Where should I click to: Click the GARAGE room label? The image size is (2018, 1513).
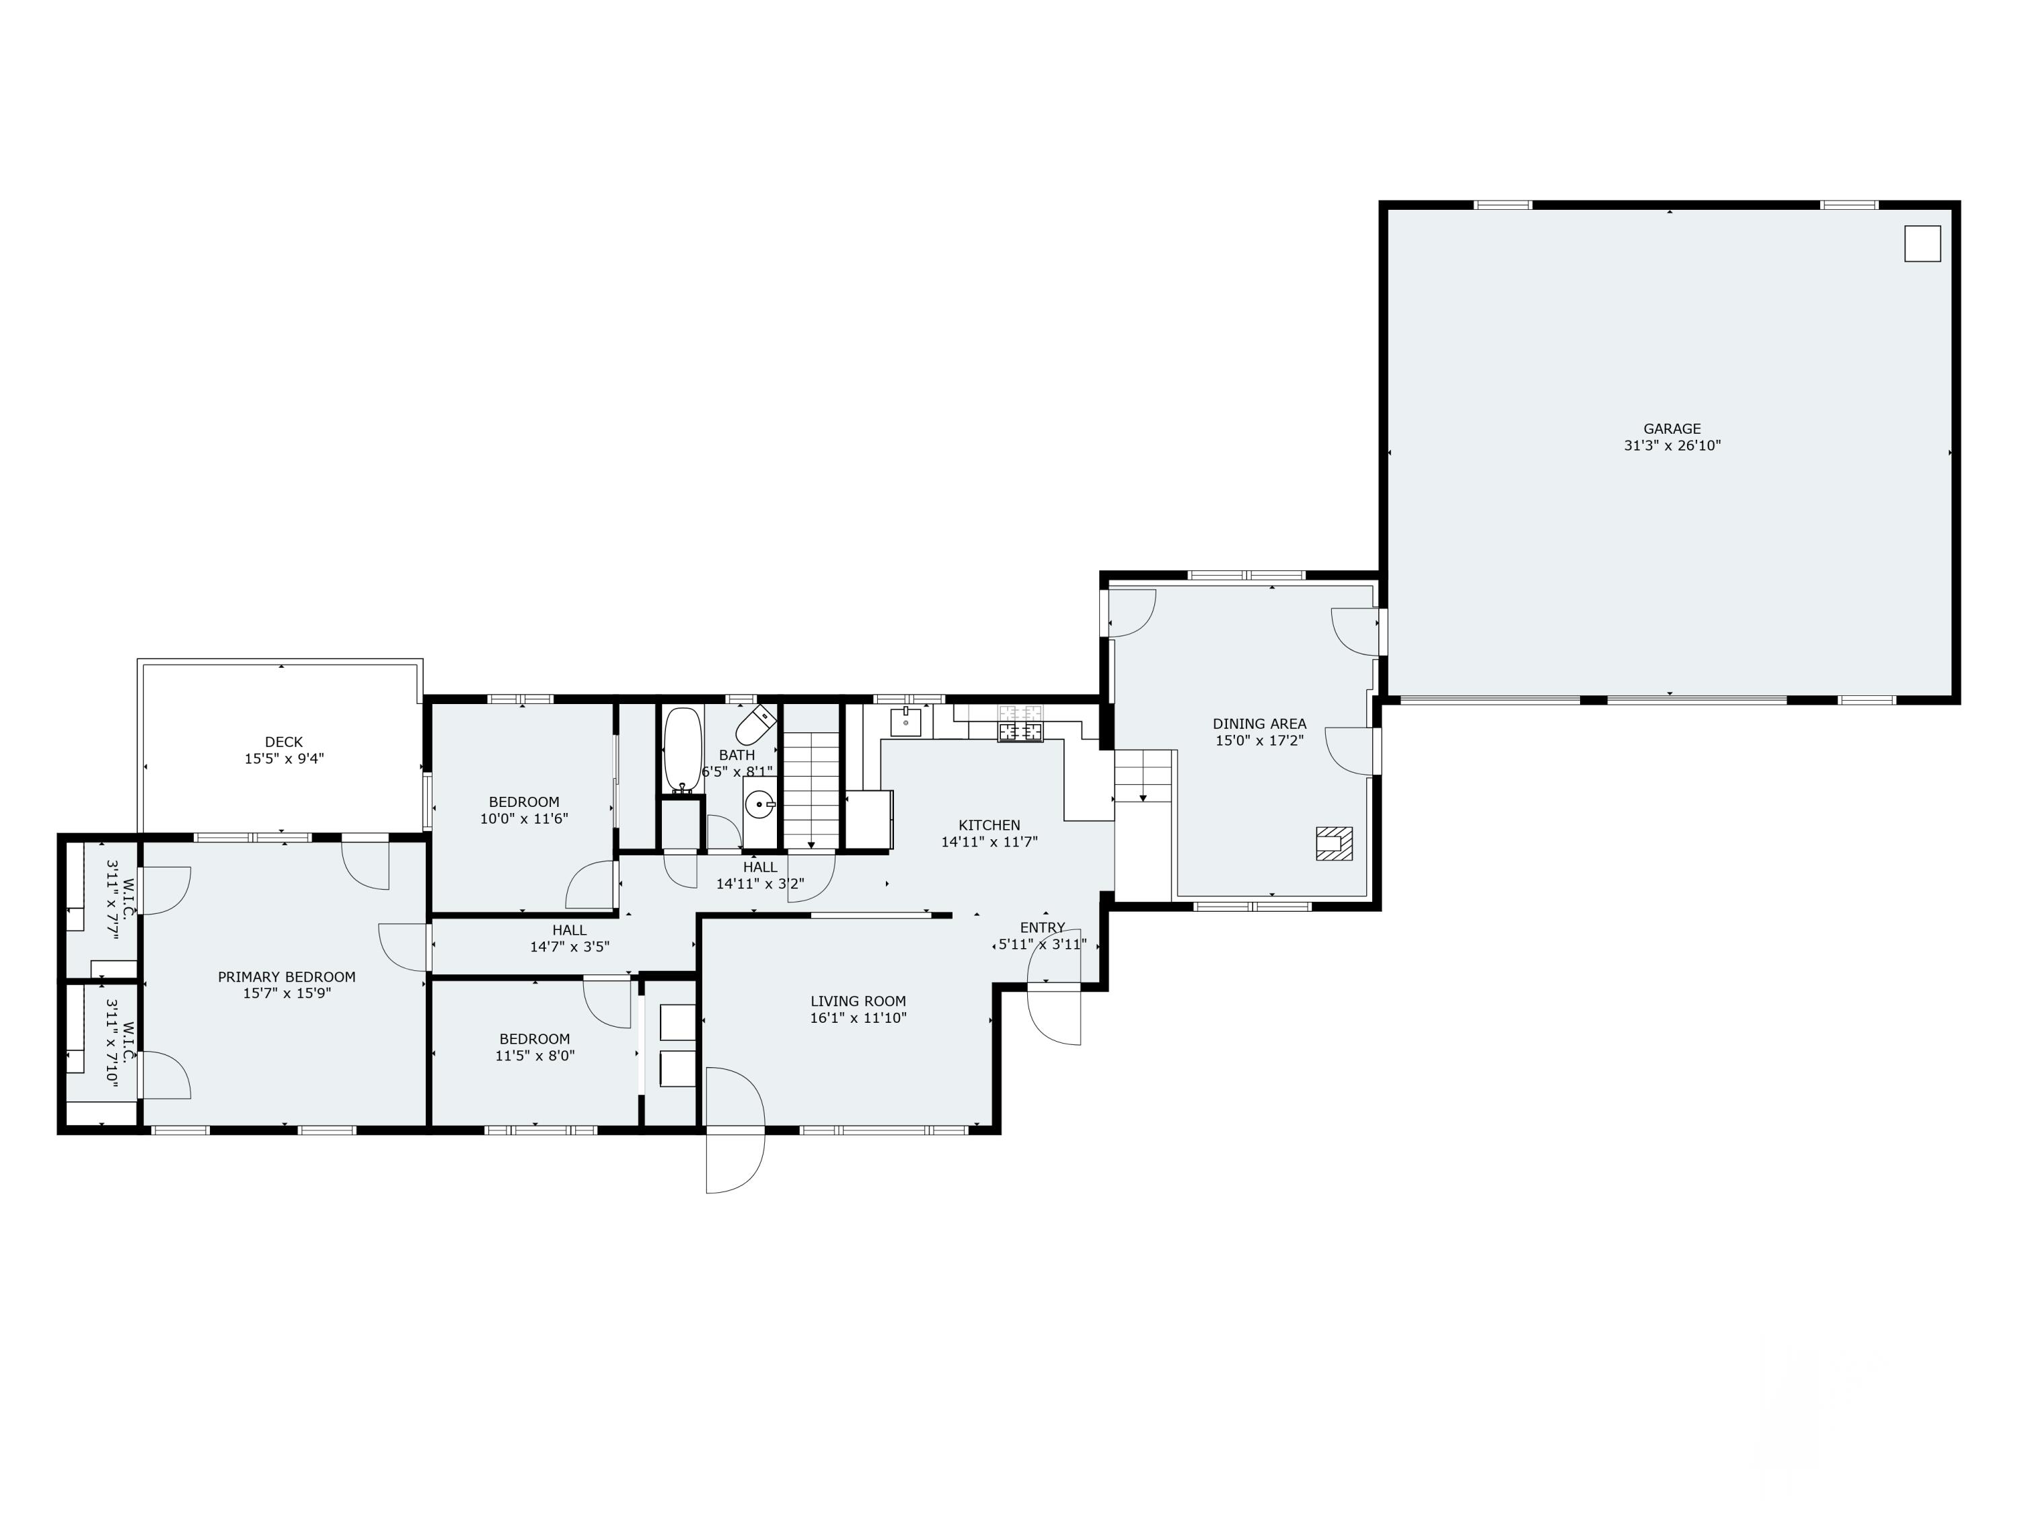tap(1672, 428)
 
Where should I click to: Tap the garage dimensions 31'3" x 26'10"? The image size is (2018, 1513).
tap(1672, 446)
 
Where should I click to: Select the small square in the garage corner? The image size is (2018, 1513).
tap(1922, 243)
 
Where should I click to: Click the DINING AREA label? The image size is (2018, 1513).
tap(1259, 724)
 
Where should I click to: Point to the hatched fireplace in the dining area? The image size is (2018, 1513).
tap(1334, 844)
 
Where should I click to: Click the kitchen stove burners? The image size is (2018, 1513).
tap(1020, 730)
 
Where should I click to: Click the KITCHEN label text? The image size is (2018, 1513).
tap(989, 825)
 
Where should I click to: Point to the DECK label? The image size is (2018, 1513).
tap(284, 742)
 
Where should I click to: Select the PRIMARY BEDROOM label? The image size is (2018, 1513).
tap(287, 977)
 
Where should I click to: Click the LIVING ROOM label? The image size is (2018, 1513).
tap(858, 1001)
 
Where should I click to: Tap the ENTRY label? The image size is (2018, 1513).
tap(1043, 927)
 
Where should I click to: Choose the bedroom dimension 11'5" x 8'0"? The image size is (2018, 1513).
tap(535, 1056)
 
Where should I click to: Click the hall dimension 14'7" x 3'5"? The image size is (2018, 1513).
tap(569, 947)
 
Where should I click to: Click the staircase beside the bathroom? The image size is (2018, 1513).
tap(811, 791)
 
